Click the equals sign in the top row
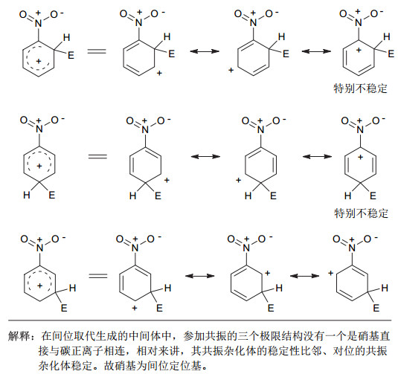click(x=97, y=51)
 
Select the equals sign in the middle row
click(x=97, y=156)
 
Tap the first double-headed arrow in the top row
click(x=205, y=51)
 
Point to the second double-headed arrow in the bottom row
click(x=304, y=276)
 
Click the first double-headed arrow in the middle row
click(x=205, y=156)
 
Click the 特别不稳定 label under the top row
click(x=361, y=88)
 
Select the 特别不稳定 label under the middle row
click(x=362, y=213)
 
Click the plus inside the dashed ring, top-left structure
click(x=39, y=61)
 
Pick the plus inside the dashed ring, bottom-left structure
click(x=40, y=286)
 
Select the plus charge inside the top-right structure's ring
click(x=359, y=50)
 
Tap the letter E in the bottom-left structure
click(x=64, y=308)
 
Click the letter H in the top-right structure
click(x=387, y=36)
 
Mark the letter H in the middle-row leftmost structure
click(x=27, y=195)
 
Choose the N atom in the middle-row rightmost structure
click(x=360, y=130)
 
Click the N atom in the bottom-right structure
click(x=352, y=248)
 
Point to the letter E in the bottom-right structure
click(x=376, y=308)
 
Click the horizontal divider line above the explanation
click(x=200, y=320)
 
